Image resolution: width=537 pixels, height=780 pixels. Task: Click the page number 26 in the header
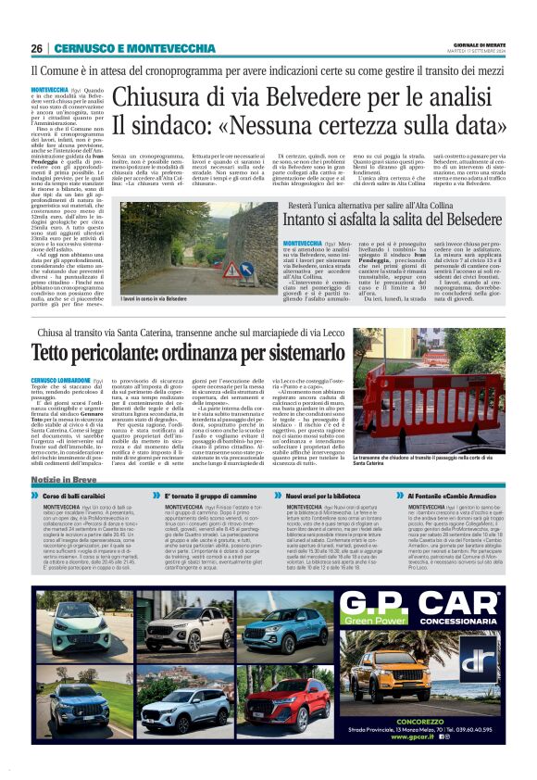[37, 48]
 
